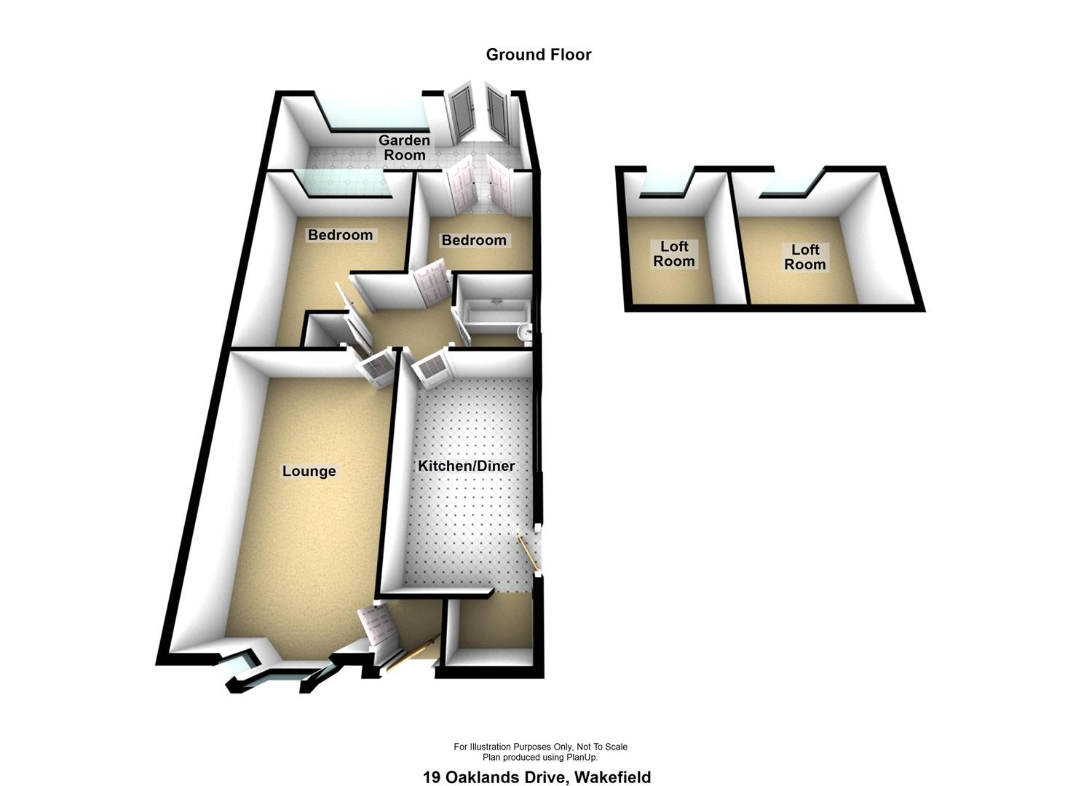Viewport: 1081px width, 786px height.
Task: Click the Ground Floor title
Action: point(539,55)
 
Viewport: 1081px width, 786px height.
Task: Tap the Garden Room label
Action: point(405,147)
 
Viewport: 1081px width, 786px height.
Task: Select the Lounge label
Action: point(309,472)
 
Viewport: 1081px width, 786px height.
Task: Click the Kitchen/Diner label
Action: point(466,466)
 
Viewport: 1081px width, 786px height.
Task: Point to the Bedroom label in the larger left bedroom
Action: point(340,235)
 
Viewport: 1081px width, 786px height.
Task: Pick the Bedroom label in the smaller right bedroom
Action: point(474,240)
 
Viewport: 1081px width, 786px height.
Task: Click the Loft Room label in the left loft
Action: point(673,254)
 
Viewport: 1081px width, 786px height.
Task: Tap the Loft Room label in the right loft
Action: point(805,257)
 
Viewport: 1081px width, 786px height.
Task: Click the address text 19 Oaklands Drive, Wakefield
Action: point(536,777)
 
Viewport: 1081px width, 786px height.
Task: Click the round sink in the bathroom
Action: point(524,333)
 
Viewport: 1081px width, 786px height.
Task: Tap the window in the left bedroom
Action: point(346,183)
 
